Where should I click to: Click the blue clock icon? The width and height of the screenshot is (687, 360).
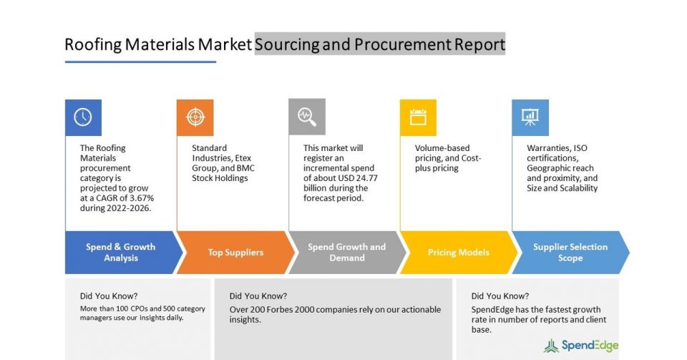tap(83, 117)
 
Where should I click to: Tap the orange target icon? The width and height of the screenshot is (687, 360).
tap(195, 117)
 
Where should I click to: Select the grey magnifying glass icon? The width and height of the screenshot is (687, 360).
tap(307, 117)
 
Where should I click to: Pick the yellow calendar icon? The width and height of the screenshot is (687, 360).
tap(418, 117)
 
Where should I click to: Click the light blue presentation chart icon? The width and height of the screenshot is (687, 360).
tap(530, 117)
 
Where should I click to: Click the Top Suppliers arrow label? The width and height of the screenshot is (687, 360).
tap(235, 252)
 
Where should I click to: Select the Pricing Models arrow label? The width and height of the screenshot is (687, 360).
tap(458, 252)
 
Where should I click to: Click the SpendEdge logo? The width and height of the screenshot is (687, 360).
tap(581, 346)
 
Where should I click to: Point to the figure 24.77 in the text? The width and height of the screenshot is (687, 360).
tap(366, 177)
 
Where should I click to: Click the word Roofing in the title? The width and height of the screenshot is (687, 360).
tap(93, 44)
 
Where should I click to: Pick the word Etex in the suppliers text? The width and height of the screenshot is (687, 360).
tap(243, 158)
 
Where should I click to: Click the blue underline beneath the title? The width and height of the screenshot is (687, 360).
tap(141, 62)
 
